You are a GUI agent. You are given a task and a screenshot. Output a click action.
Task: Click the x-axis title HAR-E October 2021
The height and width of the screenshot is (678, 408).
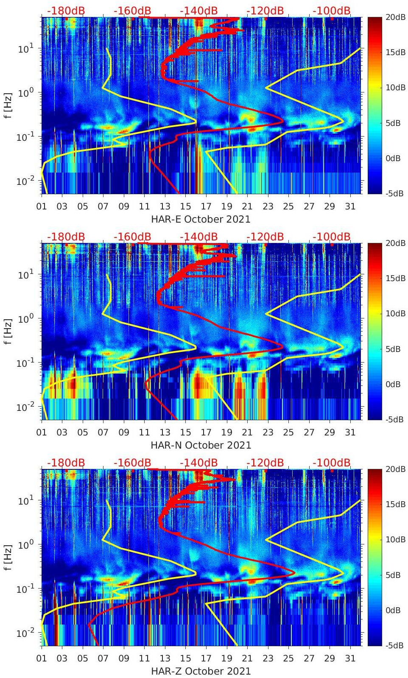(201, 219)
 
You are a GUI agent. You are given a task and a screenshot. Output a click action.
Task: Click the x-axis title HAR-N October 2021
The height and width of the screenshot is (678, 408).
(201, 445)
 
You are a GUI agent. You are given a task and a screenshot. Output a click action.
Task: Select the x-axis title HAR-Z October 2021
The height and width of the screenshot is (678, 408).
(201, 671)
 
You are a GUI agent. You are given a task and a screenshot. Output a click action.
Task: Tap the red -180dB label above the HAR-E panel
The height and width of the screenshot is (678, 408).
(66, 11)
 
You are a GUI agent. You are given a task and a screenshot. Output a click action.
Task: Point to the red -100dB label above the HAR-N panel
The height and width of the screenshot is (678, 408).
(332, 237)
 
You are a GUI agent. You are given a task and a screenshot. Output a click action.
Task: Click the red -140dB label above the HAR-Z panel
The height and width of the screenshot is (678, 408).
(198, 463)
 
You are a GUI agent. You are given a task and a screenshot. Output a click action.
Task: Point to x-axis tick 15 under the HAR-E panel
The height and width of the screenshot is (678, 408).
(185, 206)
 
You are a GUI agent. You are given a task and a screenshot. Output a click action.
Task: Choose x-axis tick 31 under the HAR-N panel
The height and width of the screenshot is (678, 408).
(350, 432)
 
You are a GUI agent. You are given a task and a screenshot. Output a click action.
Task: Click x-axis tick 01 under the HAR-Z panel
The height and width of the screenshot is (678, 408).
(42, 658)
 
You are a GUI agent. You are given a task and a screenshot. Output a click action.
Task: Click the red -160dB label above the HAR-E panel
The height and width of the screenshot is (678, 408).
(132, 11)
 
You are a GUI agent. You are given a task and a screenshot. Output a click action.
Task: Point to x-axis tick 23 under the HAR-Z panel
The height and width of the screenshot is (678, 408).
(268, 658)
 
